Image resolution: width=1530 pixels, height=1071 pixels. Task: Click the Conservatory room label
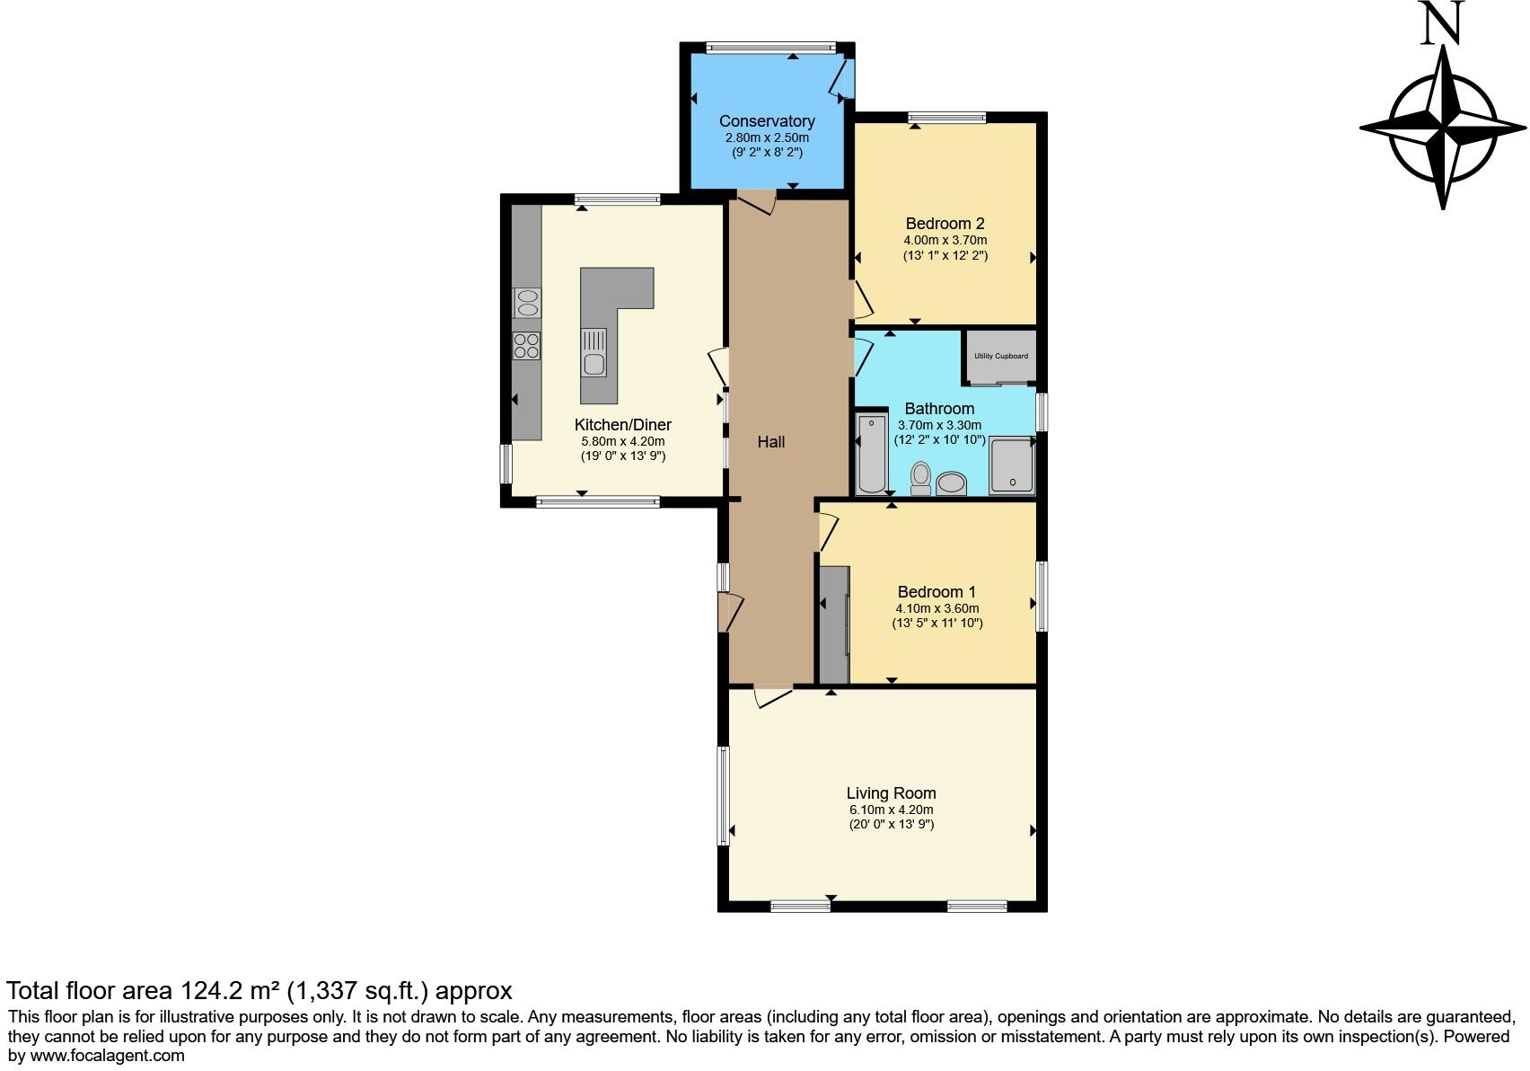pos(767,121)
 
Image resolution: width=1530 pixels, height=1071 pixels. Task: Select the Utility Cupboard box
pos(1000,357)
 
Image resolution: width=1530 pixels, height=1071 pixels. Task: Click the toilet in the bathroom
pos(920,478)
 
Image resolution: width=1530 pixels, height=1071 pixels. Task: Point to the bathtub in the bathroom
pos(871,454)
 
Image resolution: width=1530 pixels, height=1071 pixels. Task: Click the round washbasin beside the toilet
pos(951,484)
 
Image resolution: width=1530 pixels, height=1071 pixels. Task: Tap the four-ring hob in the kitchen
pos(527,346)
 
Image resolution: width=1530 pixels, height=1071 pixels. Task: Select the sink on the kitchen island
pos(594,353)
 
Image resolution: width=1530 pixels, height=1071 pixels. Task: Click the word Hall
pos(770,442)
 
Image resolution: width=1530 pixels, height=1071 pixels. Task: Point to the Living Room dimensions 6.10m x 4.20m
pos(892,810)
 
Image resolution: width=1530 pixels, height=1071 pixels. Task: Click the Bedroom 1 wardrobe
pos(834,625)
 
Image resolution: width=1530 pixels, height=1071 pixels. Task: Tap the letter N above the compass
pos(1442,24)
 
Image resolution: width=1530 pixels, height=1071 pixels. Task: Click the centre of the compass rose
pos(1443,128)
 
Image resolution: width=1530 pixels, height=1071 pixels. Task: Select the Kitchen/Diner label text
pos(622,425)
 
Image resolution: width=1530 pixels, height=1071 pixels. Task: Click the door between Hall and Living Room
pos(773,696)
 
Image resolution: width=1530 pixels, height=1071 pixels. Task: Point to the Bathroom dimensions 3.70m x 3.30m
pos(939,425)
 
